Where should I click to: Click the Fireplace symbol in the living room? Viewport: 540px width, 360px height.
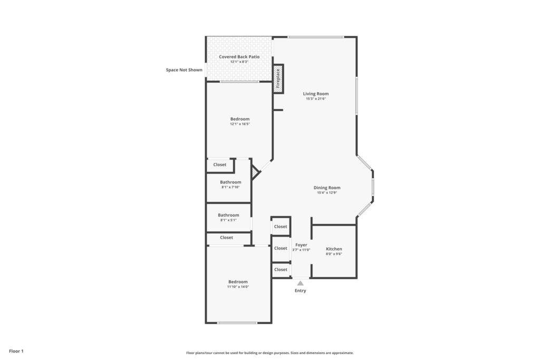click(278, 79)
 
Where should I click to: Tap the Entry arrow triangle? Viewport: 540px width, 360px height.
click(300, 283)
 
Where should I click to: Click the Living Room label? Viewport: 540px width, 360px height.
click(316, 94)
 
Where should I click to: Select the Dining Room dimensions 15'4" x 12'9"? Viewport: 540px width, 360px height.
click(327, 193)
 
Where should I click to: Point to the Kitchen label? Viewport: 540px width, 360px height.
click(334, 249)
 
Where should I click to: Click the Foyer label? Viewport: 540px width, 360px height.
click(301, 245)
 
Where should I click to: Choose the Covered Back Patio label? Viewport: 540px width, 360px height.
click(239, 57)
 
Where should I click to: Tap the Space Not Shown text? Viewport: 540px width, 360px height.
click(184, 70)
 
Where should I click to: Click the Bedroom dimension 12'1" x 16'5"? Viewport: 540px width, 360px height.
click(240, 124)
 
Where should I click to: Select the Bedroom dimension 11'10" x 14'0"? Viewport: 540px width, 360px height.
click(238, 287)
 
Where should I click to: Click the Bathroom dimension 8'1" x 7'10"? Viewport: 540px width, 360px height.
click(230, 187)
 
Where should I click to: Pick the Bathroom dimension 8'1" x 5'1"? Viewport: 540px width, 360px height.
click(228, 220)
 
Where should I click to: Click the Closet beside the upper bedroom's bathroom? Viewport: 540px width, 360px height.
click(220, 165)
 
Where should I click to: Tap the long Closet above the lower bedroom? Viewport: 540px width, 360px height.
click(226, 238)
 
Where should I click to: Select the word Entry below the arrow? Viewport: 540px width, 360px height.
click(300, 290)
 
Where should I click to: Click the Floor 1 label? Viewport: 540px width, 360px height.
click(16, 351)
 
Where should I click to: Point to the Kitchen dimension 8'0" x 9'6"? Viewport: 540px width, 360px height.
click(334, 254)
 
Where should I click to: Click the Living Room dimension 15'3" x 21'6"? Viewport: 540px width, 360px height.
click(316, 99)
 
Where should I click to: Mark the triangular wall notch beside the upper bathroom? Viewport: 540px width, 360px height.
click(255, 172)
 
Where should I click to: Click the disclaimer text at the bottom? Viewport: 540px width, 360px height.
click(270, 353)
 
